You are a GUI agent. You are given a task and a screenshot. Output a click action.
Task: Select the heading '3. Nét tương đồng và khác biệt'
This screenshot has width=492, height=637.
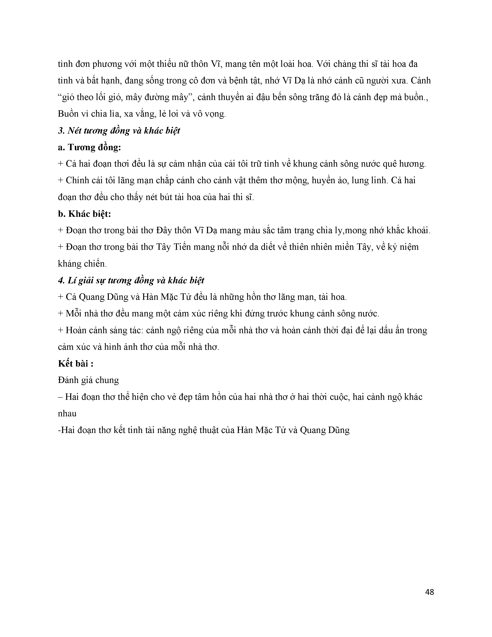(119, 131)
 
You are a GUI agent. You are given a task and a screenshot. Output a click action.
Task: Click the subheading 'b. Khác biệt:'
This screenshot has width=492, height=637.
(85, 214)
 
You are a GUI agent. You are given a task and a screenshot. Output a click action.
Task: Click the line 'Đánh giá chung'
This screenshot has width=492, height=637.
(88, 380)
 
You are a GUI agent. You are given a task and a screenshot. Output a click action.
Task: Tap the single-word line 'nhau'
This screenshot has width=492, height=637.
(67, 414)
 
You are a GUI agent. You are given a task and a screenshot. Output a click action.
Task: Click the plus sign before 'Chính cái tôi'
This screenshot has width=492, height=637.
(61, 180)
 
